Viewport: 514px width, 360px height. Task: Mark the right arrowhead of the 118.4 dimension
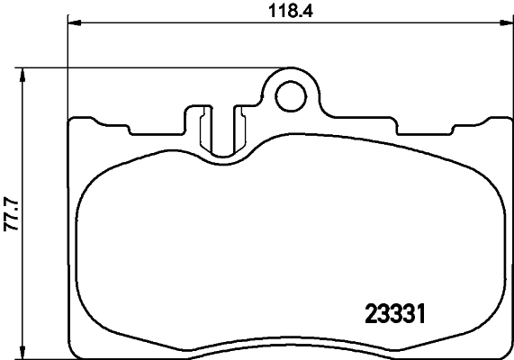pyautogui.click(x=505, y=23)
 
